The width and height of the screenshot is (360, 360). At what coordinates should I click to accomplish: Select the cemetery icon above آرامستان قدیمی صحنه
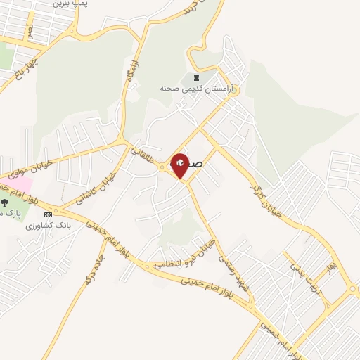(x=195, y=77)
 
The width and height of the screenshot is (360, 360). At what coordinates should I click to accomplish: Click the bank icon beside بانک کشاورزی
(x=48, y=214)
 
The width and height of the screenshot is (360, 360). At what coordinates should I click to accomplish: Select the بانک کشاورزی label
(x=45, y=226)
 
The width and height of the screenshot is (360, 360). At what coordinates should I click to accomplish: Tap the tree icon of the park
(x=4, y=202)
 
